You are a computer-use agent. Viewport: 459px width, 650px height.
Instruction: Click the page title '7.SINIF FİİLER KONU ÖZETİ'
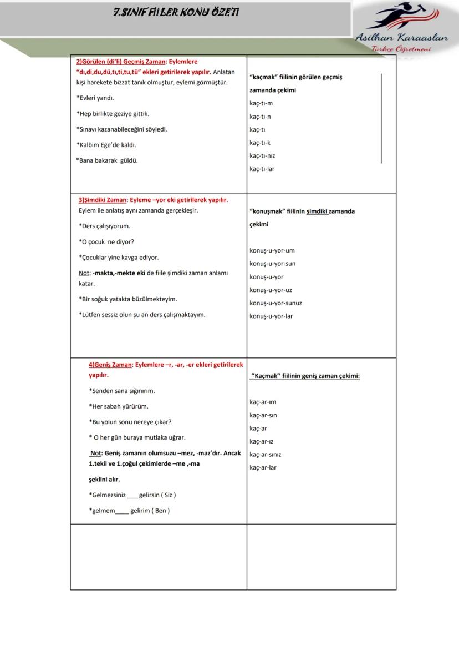[176, 12]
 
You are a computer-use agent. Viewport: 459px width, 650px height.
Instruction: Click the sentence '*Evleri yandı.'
[95, 98]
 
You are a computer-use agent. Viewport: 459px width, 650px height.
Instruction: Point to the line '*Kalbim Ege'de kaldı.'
[106, 145]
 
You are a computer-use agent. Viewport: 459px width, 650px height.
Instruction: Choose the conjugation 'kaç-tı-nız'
[262, 156]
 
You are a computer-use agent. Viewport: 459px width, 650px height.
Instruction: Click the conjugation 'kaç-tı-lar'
[262, 169]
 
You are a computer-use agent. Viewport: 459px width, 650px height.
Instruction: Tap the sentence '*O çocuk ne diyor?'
[106, 242]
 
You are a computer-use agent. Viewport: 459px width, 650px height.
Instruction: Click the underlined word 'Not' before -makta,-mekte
[84, 273]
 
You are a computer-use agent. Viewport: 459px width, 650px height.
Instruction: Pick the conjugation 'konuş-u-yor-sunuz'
[276, 303]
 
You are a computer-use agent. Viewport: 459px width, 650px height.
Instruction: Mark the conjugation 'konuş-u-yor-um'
[272, 251]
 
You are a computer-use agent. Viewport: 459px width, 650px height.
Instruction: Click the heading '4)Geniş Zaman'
[110, 365]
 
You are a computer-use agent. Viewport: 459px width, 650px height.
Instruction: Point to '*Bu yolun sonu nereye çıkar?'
[130, 422]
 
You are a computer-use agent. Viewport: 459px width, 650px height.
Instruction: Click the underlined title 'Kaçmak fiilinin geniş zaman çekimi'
[305, 376]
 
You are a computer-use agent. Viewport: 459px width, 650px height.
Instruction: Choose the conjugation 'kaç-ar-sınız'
[265, 455]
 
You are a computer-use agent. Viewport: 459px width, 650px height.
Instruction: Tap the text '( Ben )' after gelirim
[161, 511]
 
